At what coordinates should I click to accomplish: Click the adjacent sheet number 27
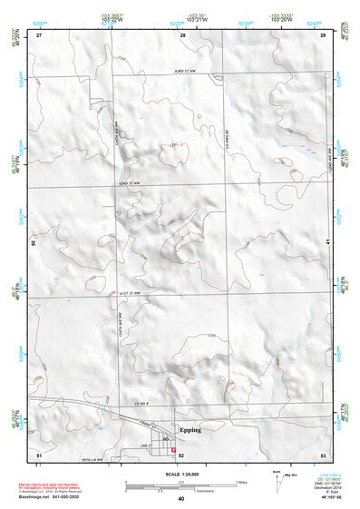coord(39,34)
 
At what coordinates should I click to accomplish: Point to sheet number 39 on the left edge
coord(34,243)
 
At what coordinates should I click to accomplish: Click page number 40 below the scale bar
coord(181,498)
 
